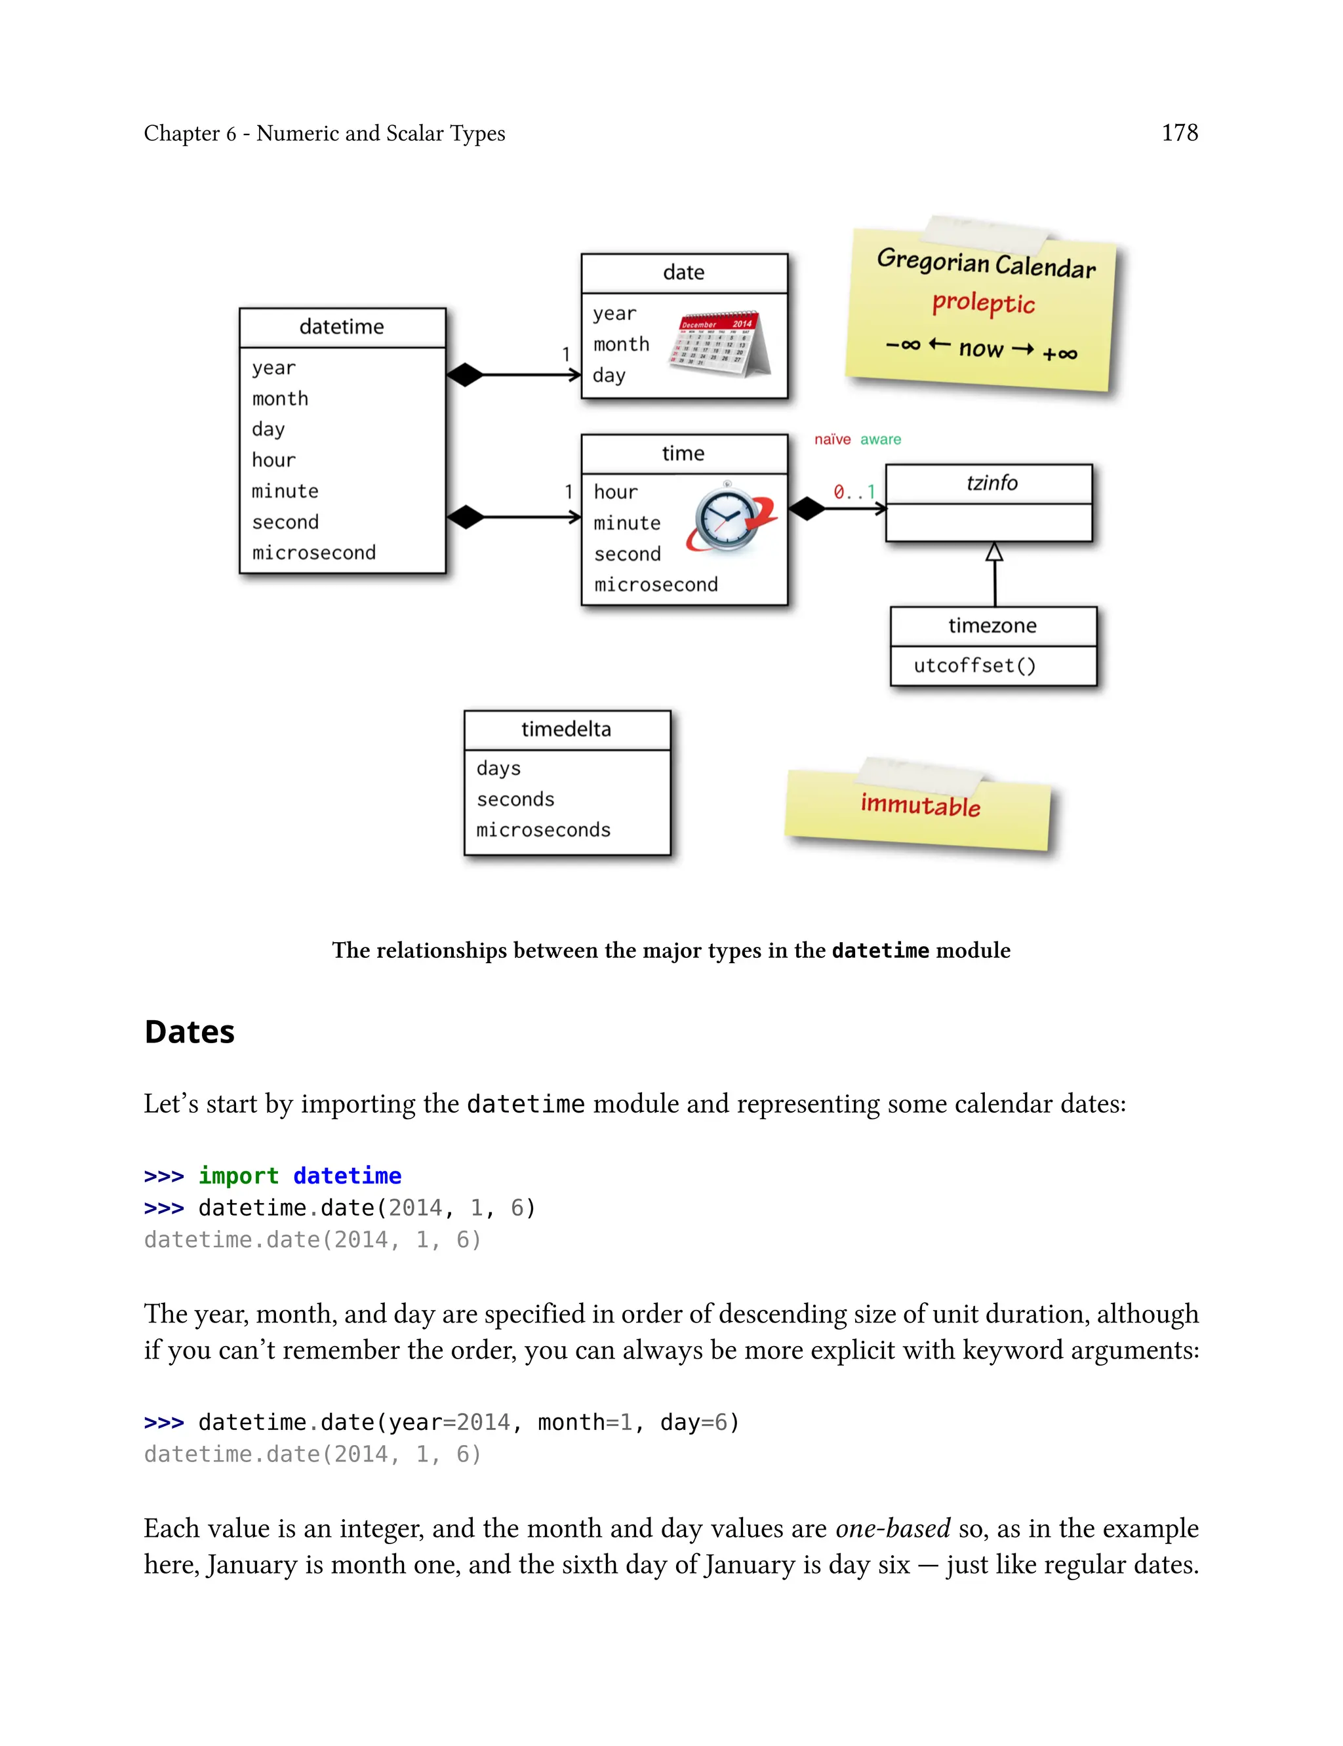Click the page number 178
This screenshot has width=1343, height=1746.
click(x=1179, y=132)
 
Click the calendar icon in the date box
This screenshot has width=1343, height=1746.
click(x=719, y=344)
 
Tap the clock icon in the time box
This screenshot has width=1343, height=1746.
click(x=731, y=519)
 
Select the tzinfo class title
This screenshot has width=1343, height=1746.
click(x=992, y=483)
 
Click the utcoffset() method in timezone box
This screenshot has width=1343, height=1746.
click(x=974, y=665)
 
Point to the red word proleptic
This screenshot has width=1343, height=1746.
click(x=983, y=303)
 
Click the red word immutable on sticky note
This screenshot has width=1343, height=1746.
click(x=920, y=804)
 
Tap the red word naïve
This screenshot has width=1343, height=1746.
click(x=832, y=439)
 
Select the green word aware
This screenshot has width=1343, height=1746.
click(x=880, y=439)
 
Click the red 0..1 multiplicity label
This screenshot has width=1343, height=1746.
click(x=854, y=492)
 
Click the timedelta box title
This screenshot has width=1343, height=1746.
click(x=566, y=729)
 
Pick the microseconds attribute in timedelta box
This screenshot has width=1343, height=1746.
click(x=544, y=830)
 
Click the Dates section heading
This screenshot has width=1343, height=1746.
click(x=190, y=1031)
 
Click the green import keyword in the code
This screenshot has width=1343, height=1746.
click(x=238, y=1176)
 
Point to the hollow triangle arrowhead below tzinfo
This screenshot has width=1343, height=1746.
click(x=993, y=552)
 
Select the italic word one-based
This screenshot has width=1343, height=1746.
click(x=892, y=1528)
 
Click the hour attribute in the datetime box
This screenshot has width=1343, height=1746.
click(x=273, y=460)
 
